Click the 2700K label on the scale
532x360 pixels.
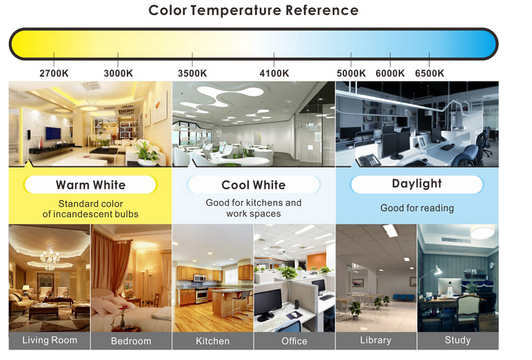pos(54,73)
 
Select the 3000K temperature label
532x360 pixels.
pos(118,73)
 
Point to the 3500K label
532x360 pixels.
pos(193,73)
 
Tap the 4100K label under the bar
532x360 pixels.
pos(274,73)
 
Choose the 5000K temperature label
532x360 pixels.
pos(351,73)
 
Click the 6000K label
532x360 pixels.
pos(390,73)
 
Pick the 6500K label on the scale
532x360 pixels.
pos(430,73)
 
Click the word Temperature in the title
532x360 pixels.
pos(235,11)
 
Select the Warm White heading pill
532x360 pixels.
pos(90,185)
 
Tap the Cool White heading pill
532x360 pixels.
pos(254,185)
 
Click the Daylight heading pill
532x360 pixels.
pos(417,184)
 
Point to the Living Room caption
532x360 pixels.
pos(50,340)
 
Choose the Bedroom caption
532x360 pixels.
pos(131,341)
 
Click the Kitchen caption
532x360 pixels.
pos(213,341)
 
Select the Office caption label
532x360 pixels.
pos(294,341)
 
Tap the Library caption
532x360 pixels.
pos(375,340)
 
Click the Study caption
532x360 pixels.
pos(458,340)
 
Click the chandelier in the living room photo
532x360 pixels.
pos(50,257)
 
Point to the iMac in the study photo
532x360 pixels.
pos(449,288)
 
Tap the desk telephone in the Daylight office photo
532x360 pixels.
pos(369,160)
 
